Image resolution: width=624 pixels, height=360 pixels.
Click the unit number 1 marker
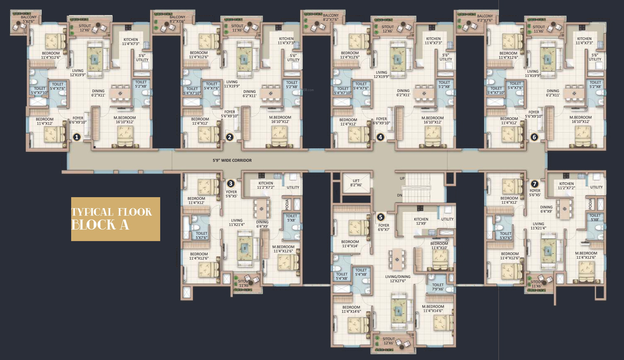77,137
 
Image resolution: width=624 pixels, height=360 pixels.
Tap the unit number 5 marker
381,217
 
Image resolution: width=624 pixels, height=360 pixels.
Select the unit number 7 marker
534,184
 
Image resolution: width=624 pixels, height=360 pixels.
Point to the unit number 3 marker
230,183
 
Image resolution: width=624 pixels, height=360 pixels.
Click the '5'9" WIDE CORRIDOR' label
232,160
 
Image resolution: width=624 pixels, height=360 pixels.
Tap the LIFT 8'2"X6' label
356,183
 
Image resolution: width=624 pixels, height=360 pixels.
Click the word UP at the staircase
402,178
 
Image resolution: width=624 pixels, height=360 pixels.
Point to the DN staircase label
400,196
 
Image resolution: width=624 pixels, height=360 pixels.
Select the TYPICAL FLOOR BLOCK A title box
116,219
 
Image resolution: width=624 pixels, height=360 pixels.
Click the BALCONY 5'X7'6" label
29,19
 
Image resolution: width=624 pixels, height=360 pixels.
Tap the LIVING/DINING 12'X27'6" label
398,279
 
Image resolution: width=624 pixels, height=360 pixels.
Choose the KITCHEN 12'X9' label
421,221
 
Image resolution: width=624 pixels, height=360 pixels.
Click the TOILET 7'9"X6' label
438,287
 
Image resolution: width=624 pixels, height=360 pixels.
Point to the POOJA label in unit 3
287,204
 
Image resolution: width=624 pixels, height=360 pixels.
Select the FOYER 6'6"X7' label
384,228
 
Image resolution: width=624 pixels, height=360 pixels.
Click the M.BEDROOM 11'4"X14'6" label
433,309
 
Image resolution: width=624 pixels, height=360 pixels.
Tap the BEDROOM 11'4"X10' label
439,246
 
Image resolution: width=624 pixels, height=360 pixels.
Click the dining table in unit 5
397,259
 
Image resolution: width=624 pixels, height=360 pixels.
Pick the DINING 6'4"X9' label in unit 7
546,209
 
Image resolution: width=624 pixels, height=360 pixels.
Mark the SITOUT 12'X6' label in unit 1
85,28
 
